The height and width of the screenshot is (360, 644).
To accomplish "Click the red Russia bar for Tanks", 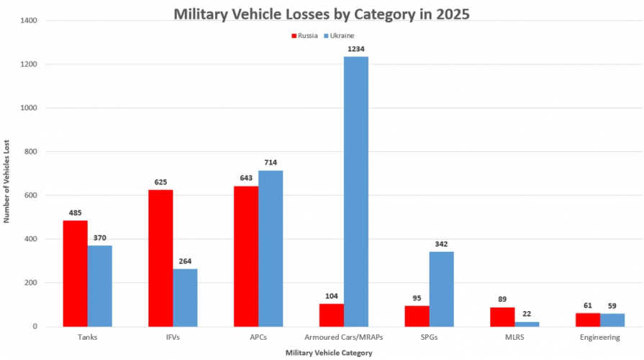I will coord(75,274).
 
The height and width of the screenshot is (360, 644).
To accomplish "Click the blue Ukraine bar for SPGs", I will coord(441,289).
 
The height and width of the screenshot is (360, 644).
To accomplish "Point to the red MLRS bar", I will coord(502,317).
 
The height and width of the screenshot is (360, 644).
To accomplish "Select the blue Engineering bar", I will coord(612,320).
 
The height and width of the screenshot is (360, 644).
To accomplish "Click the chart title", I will coord(321,15).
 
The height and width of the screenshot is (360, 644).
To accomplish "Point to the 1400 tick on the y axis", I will coord(29,21).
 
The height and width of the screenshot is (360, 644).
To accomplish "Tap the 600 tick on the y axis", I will coord(31,195).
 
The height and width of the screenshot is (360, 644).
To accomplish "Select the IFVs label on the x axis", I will coord(173,337).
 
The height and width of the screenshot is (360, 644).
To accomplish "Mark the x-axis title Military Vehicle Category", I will coord(329,352).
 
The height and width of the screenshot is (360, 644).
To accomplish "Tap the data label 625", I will coord(160,182).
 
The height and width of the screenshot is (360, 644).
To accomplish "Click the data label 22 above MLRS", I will coord(527,314).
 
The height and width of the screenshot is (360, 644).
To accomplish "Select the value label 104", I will coord(330,296).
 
